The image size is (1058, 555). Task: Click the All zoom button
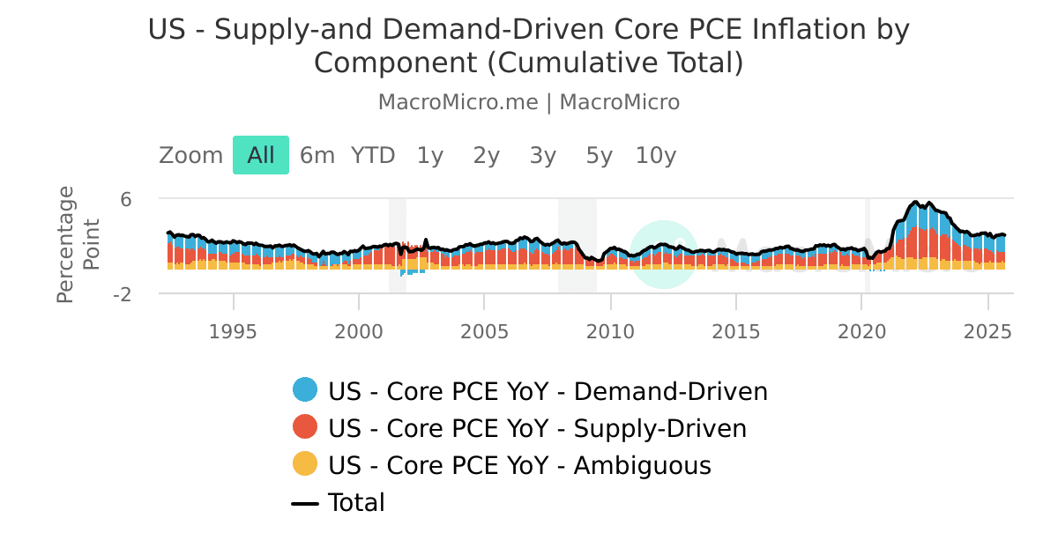260,156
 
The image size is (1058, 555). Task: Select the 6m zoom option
317,156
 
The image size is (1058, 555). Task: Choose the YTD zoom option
373,156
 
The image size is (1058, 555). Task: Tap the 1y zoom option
430,156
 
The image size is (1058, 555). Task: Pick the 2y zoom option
487,156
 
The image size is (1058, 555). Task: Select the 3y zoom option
543,156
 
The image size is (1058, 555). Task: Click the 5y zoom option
600,156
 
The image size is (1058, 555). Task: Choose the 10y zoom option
656,156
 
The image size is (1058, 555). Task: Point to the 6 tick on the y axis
126,200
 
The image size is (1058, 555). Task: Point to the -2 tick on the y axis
123,294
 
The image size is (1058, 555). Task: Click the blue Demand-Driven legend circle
305,390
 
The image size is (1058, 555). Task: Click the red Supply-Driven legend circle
305,428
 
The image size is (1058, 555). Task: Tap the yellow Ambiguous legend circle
305,465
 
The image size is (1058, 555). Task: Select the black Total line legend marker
305,503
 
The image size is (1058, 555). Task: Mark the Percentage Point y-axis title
78,245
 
